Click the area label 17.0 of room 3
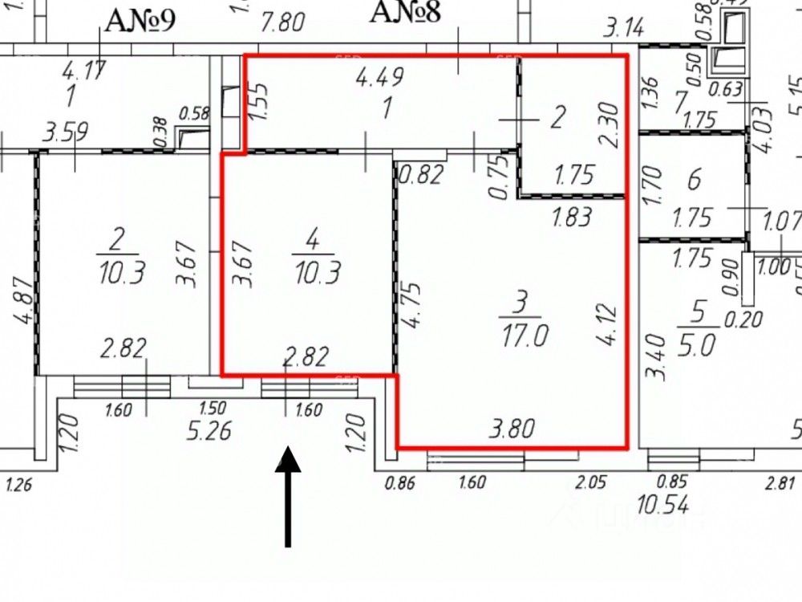[526, 335]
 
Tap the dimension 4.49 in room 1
[379, 77]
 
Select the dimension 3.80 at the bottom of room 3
[512, 429]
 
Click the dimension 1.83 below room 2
[571, 217]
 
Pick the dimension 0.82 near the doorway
[422, 173]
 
